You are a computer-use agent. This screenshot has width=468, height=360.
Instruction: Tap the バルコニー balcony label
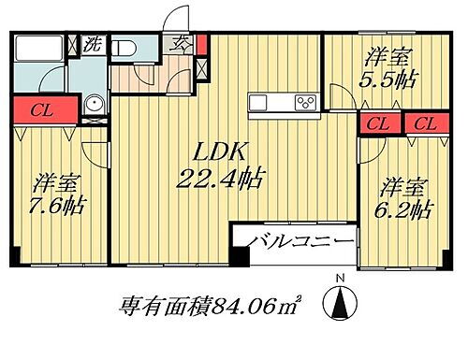pyautogui.click(x=300, y=242)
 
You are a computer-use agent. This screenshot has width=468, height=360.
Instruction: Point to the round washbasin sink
pyautogui.click(x=93, y=106)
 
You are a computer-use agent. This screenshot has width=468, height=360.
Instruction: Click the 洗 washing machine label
pyautogui.click(x=93, y=43)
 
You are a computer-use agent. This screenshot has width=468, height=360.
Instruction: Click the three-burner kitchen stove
pyautogui.click(x=304, y=102)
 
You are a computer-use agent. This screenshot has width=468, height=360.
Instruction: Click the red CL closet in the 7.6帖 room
pyautogui.click(x=38, y=108)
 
